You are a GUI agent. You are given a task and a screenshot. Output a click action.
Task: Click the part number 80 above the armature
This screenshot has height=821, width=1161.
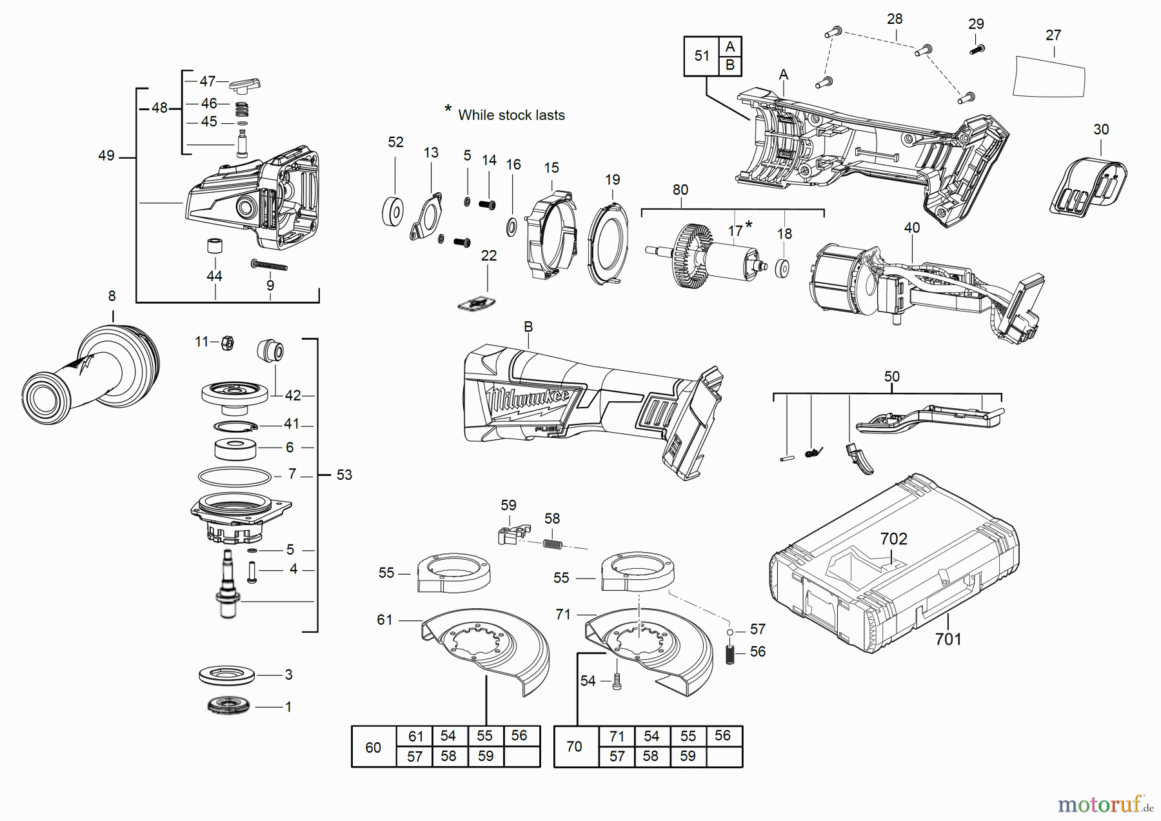point(680,190)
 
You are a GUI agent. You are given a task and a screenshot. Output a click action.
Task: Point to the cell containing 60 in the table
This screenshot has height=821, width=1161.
point(373,747)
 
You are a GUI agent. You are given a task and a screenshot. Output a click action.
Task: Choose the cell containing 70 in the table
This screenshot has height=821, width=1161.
point(574,746)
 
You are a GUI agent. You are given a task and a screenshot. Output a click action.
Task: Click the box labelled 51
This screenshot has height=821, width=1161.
point(702,56)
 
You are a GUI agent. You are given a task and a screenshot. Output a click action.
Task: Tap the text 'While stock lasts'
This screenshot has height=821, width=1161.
point(511,115)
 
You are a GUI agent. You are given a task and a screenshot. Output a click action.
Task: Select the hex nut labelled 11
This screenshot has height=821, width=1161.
point(226,342)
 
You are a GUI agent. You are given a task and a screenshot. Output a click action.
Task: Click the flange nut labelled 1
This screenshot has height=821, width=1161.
point(229,706)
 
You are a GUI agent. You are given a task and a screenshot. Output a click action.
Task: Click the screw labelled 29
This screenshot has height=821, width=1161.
point(977,49)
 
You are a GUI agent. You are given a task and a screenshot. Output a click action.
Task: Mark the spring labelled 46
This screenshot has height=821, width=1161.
point(241,108)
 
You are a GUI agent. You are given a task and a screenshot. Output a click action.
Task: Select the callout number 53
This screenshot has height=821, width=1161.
point(344,475)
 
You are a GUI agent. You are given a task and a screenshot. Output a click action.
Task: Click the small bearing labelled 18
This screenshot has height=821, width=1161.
point(782,268)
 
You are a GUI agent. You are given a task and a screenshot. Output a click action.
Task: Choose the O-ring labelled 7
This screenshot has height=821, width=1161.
point(235,477)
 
